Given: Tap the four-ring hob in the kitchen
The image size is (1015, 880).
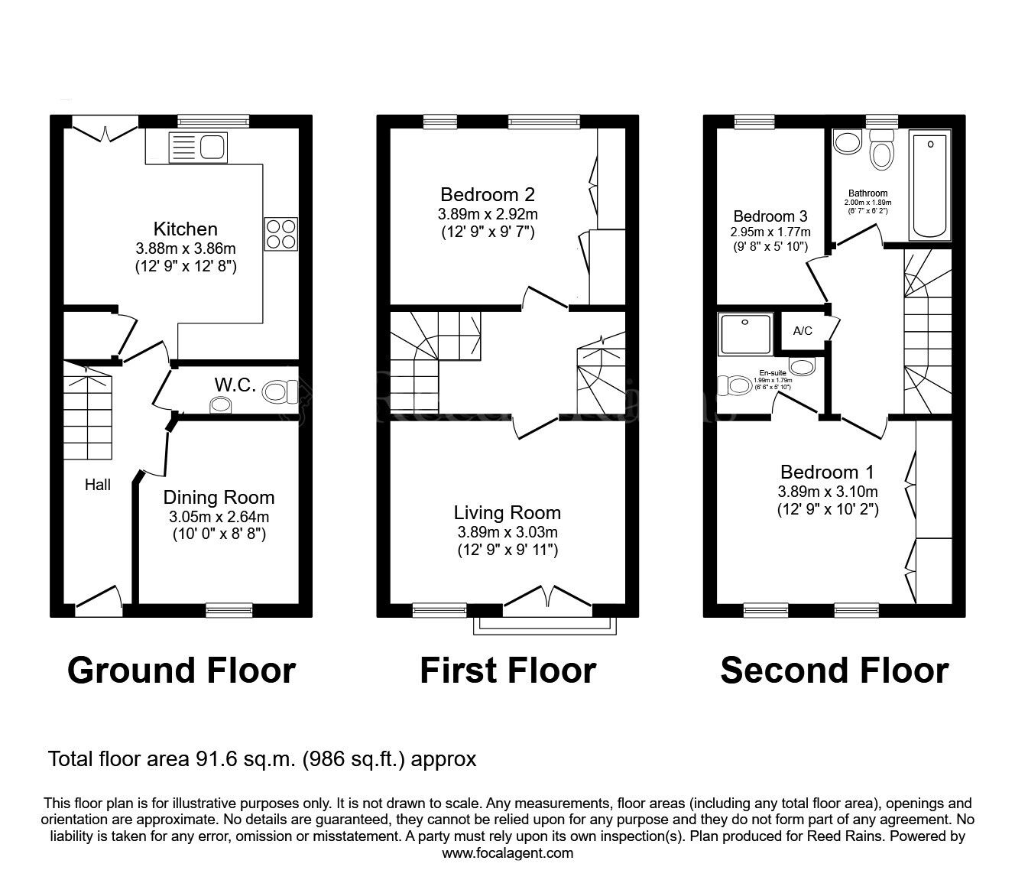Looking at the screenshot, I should pyautogui.click(x=281, y=233).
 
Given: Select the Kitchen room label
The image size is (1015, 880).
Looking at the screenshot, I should pyautogui.click(x=186, y=229).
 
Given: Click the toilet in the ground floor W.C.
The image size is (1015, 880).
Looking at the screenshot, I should pyautogui.click(x=280, y=393).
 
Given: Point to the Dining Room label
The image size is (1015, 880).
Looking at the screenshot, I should pyautogui.click(x=219, y=498).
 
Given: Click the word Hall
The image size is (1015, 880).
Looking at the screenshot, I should pyautogui.click(x=97, y=485).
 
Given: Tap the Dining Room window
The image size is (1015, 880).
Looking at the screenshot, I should pyautogui.click(x=222, y=609).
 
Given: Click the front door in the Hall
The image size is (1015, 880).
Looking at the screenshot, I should pyautogui.click(x=99, y=601).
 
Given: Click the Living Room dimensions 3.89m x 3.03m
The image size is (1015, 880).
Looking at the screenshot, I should pyautogui.click(x=507, y=532).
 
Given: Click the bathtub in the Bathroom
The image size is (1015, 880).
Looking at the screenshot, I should pyautogui.click(x=929, y=186).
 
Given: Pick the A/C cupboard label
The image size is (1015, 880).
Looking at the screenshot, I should pyautogui.click(x=803, y=331).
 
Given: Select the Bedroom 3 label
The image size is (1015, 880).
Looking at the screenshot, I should pyautogui.click(x=770, y=216).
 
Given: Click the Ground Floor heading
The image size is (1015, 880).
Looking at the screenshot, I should pyautogui.click(x=181, y=671).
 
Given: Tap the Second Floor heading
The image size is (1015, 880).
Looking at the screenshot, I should pyautogui.click(x=834, y=671).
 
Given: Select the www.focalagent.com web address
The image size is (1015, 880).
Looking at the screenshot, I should pyautogui.click(x=507, y=853).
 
